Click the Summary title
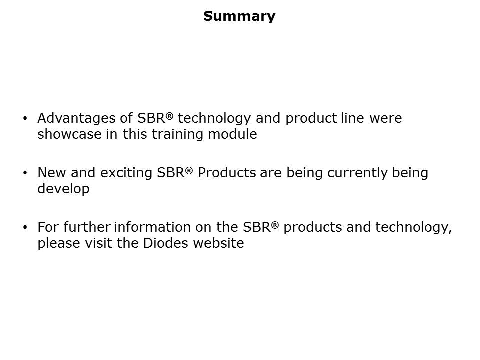239,16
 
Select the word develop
63,190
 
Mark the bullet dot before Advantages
26,119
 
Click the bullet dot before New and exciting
26,173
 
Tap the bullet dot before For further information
26,228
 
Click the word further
88,228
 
